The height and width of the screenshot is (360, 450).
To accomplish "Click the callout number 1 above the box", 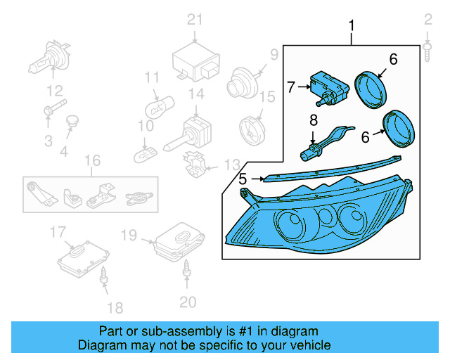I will (x=352, y=27).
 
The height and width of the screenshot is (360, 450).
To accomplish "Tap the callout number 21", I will (x=194, y=19).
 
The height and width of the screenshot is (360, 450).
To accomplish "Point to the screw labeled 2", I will (x=427, y=46).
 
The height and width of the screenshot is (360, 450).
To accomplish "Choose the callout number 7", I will (x=292, y=87).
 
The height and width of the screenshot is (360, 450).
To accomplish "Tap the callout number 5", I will (x=243, y=179).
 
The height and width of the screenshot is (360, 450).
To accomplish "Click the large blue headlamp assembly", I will (x=316, y=218).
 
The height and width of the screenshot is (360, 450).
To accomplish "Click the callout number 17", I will (x=58, y=231).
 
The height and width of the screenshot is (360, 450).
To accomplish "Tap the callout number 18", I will (x=115, y=307).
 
